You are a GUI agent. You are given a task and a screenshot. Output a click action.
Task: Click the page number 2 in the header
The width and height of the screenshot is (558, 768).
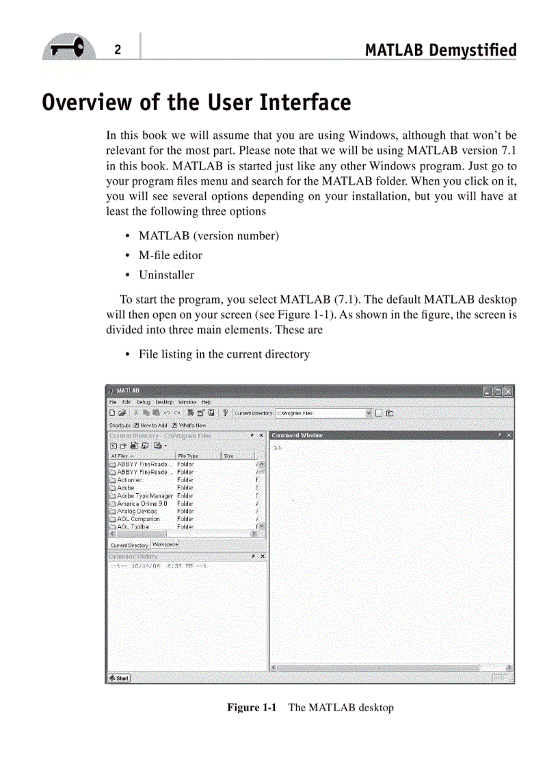(x=118, y=50)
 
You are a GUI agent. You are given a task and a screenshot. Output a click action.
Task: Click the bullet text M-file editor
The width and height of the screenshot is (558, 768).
(x=170, y=255)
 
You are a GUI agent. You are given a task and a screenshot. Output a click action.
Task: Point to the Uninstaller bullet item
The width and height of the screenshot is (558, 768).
(x=166, y=275)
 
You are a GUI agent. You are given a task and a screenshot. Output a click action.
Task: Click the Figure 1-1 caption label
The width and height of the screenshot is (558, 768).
(x=252, y=707)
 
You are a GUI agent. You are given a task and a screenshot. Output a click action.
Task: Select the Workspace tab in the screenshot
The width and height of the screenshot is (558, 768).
(x=165, y=544)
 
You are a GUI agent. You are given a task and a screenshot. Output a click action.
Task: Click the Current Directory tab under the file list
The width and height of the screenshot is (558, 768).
(x=129, y=545)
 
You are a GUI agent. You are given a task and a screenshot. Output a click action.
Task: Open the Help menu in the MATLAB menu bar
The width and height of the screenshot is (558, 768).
(x=206, y=402)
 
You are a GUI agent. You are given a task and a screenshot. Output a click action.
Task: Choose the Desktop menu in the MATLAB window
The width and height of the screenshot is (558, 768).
(x=164, y=402)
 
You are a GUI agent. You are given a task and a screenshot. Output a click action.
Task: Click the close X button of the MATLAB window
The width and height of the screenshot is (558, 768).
(x=507, y=391)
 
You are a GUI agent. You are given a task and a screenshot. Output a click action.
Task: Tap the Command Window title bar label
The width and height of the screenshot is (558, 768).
(x=297, y=435)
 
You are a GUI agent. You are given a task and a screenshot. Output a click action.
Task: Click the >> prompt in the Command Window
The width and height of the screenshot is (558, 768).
(x=278, y=447)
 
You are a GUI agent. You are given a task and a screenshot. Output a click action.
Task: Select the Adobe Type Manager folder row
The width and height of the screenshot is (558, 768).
(x=145, y=495)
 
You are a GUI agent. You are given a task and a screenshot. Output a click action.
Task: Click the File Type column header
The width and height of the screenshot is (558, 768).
(x=188, y=455)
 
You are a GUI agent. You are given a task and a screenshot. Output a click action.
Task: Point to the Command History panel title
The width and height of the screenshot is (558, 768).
(x=133, y=557)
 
